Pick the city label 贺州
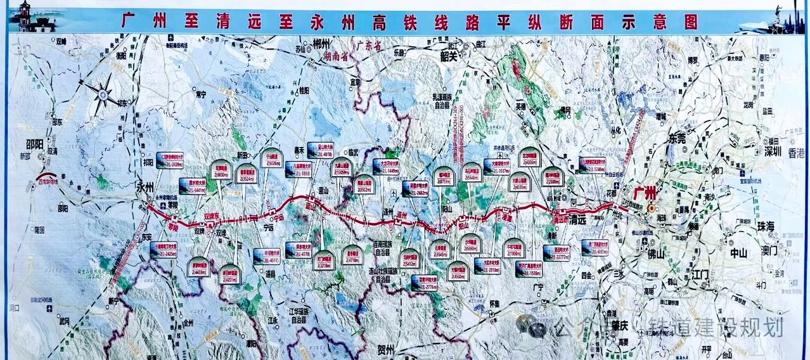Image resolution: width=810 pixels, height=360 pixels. [x=385, y=350]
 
